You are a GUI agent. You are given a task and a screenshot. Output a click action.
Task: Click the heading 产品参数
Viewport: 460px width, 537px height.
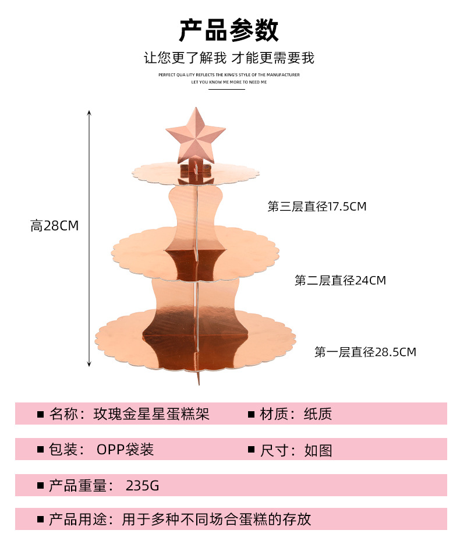(229, 30)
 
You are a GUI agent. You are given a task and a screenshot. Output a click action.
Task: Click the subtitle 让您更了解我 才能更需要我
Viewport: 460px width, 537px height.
(229, 58)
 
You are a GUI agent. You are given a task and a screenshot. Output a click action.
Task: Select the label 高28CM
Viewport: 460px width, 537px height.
(54, 226)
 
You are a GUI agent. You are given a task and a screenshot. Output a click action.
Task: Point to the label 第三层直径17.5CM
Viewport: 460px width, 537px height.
(317, 207)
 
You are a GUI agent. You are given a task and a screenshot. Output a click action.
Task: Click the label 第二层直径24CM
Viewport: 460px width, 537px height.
(340, 281)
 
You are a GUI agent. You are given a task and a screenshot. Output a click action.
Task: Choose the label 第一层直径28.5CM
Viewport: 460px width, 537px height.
(365, 352)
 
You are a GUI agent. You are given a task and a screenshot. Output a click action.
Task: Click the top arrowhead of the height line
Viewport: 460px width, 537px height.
(89, 112)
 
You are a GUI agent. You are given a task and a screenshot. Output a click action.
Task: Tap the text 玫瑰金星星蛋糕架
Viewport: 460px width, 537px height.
(151, 414)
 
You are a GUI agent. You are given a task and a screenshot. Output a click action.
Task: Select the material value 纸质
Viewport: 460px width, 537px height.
(318, 414)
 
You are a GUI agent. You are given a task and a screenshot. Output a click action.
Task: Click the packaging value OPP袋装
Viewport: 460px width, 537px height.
(125, 450)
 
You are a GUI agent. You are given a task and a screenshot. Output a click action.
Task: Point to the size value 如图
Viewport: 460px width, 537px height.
(318, 450)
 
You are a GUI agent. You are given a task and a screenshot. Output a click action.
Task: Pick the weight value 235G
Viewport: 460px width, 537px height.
(142, 485)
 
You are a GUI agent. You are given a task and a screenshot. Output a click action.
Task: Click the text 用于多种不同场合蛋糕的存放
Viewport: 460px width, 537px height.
(216, 519)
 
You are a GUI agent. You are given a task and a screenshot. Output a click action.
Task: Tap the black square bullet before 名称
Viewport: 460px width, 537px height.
(41, 415)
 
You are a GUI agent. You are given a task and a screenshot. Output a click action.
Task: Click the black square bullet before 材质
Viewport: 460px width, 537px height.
(252, 415)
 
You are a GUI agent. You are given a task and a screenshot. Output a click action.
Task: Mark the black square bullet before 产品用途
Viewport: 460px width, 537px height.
(41, 519)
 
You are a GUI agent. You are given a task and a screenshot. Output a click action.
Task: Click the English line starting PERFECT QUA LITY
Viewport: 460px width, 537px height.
(229, 75)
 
